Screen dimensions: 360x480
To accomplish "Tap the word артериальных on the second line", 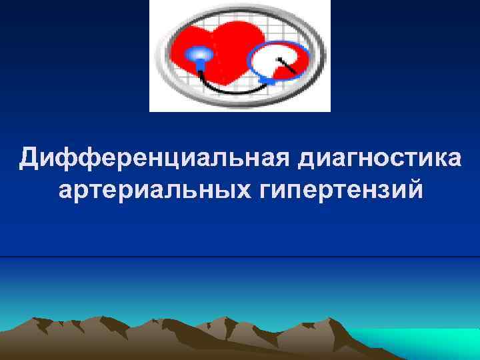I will tap(153, 189).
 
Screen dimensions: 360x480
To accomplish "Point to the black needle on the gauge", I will tap(288, 65).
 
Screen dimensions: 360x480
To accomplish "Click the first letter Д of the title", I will tap(29, 159).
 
